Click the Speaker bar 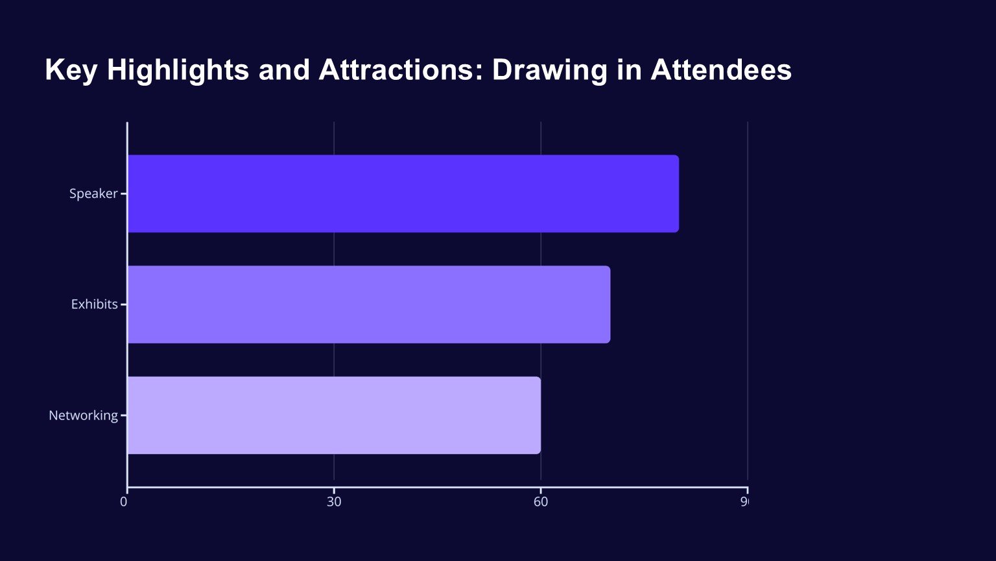click(403, 193)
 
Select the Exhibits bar click(368, 305)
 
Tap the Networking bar click(334, 416)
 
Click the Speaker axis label click(93, 193)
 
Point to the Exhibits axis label click(94, 305)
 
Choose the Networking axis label click(83, 416)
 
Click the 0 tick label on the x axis click(124, 502)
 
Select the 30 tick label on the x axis click(334, 502)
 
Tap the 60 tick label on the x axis click(540, 502)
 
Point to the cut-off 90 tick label click(744, 502)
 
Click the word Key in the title click(70, 70)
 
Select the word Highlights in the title click(178, 70)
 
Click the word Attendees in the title click(720, 70)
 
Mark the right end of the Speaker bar click(677, 193)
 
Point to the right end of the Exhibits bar click(608, 305)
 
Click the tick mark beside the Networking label click(123, 416)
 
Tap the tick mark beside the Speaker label click(123, 193)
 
